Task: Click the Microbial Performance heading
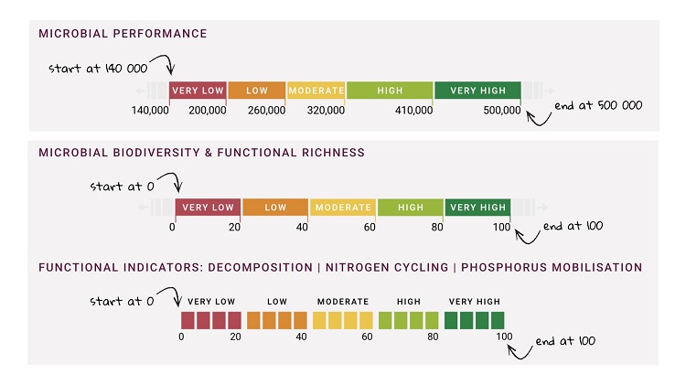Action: click(x=123, y=34)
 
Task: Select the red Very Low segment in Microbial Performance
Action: click(x=197, y=91)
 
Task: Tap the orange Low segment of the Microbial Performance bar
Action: click(x=256, y=91)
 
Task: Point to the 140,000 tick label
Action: click(x=151, y=111)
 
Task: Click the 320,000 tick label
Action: click(x=326, y=111)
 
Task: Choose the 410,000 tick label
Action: click(x=414, y=111)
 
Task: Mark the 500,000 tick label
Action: click(x=501, y=111)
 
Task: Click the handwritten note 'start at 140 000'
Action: click(x=98, y=69)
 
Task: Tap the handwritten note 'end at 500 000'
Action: click(x=599, y=105)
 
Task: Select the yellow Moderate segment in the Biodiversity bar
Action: click(x=343, y=208)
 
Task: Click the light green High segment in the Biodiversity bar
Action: click(x=411, y=208)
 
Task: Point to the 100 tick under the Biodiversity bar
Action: click(x=501, y=226)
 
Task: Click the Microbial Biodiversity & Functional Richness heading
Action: click(x=201, y=153)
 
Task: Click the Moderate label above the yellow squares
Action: click(x=343, y=301)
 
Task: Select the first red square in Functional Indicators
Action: click(x=188, y=320)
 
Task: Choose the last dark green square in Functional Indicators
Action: click(x=497, y=320)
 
